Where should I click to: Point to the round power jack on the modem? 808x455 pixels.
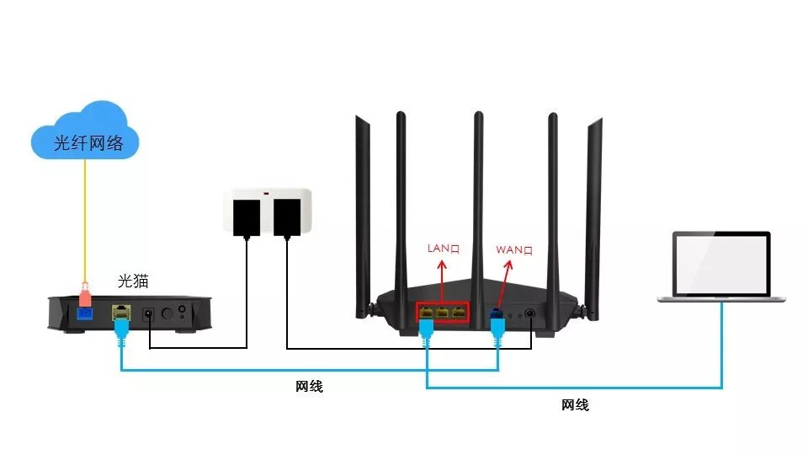click(150, 313)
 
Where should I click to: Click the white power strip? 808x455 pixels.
click(267, 211)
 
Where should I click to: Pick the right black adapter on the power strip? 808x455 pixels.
click(288, 216)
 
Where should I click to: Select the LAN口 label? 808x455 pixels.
click(442, 249)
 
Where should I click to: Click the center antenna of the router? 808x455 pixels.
click(477, 194)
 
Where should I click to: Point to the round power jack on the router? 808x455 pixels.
click(532, 313)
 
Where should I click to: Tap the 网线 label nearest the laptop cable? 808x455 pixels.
click(575, 405)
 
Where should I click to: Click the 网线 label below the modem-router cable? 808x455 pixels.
click(309, 387)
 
